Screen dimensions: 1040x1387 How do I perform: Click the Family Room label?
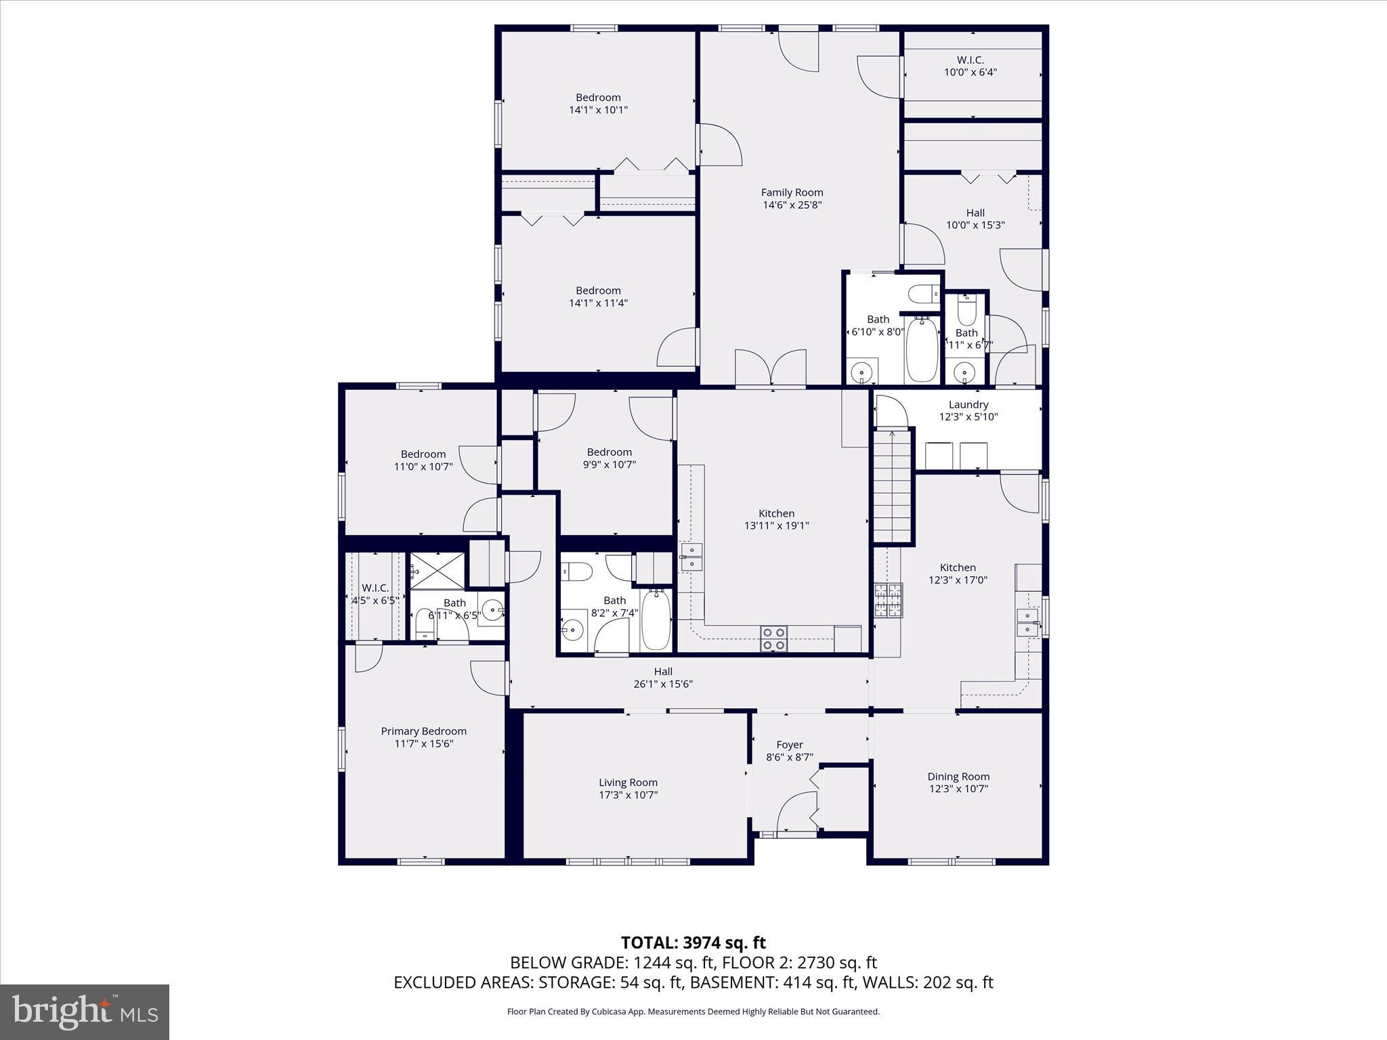tap(792, 193)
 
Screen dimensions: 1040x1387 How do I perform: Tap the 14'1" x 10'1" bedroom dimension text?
tap(598, 110)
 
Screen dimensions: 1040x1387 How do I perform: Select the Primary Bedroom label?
tap(423, 731)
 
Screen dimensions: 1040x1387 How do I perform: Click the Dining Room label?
tap(958, 777)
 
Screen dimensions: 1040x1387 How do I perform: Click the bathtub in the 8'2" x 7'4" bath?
tap(656, 619)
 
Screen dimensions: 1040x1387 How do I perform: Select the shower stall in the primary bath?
tap(438, 570)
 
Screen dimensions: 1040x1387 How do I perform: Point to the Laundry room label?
tap(968, 405)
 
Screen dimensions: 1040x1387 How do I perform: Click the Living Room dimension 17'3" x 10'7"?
tap(628, 795)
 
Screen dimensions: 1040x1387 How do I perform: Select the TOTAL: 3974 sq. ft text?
tap(693, 942)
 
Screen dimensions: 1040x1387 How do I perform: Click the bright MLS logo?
tap(85, 1012)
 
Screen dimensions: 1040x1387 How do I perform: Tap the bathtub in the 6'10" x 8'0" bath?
tap(921, 349)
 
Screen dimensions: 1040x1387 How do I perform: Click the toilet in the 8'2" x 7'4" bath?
tap(577, 571)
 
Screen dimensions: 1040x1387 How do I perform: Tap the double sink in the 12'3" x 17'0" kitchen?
tap(1027, 622)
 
